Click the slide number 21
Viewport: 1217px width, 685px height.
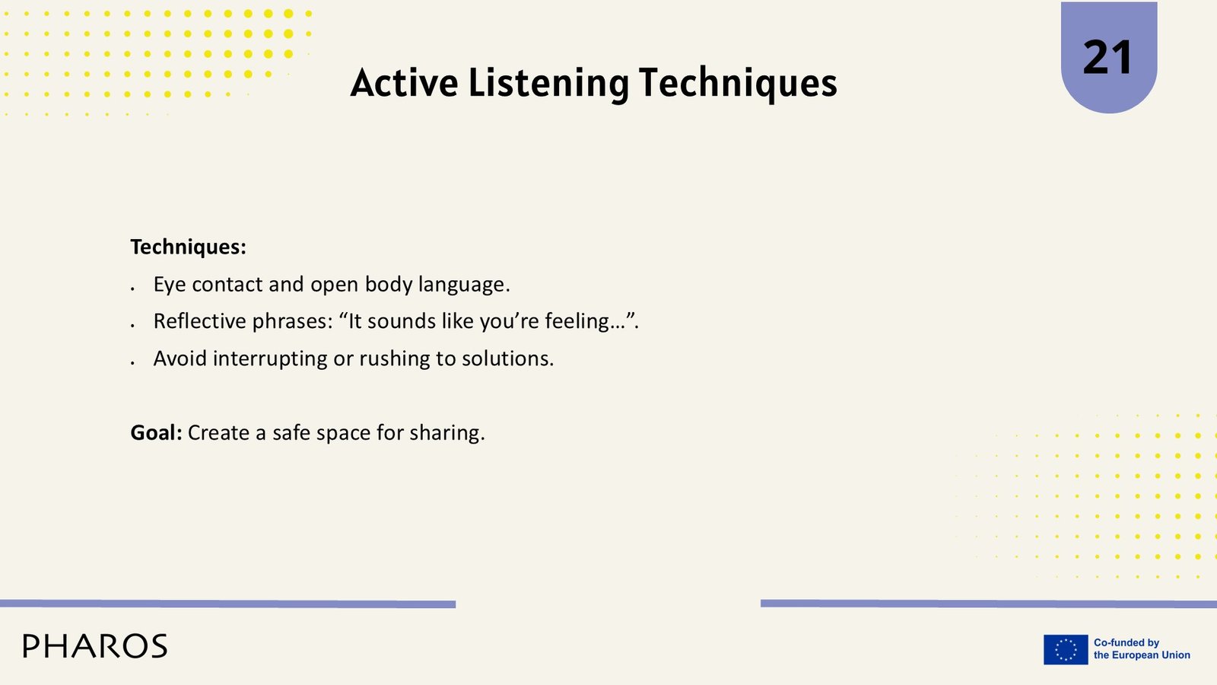pyautogui.click(x=1107, y=58)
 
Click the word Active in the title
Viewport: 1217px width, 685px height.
pyautogui.click(x=404, y=83)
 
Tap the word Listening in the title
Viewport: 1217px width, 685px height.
pyautogui.click(x=548, y=84)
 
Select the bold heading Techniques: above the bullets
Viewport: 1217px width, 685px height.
pyautogui.click(x=188, y=247)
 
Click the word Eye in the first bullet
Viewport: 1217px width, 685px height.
pyautogui.click(x=170, y=285)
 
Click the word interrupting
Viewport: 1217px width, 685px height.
pyautogui.click(x=270, y=359)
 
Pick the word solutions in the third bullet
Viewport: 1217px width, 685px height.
pyautogui.click(x=507, y=358)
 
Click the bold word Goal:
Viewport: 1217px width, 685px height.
pyautogui.click(x=157, y=433)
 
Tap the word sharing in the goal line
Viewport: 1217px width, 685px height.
pyautogui.click(x=446, y=434)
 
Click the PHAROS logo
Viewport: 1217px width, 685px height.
pyautogui.click(x=95, y=646)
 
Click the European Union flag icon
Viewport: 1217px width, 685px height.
pyautogui.click(x=1066, y=649)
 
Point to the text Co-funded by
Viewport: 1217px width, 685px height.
pyautogui.click(x=1126, y=642)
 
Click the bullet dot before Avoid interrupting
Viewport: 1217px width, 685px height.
pyautogui.click(x=132, y=363)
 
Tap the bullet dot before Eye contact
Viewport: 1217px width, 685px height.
pyautogui.click(x=132, y=289)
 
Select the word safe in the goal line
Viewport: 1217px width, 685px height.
pyautogui.click(x=291, y=433)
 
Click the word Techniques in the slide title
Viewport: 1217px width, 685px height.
pyautogui.click(x=738, y=84)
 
